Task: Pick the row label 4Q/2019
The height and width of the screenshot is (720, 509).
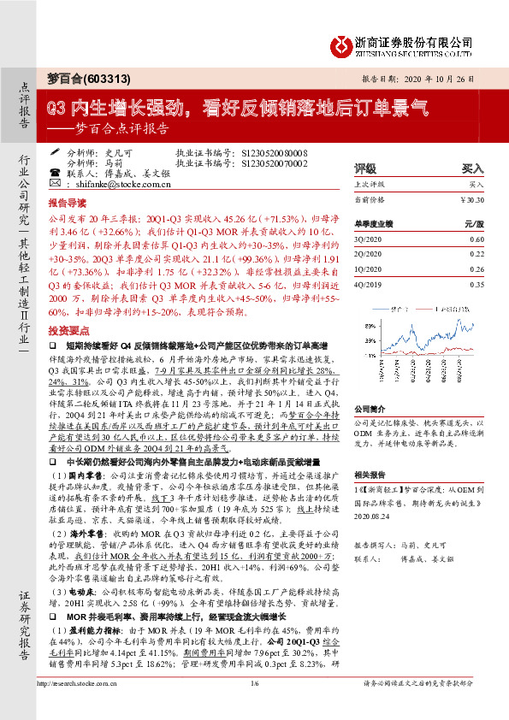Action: (370, 284)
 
